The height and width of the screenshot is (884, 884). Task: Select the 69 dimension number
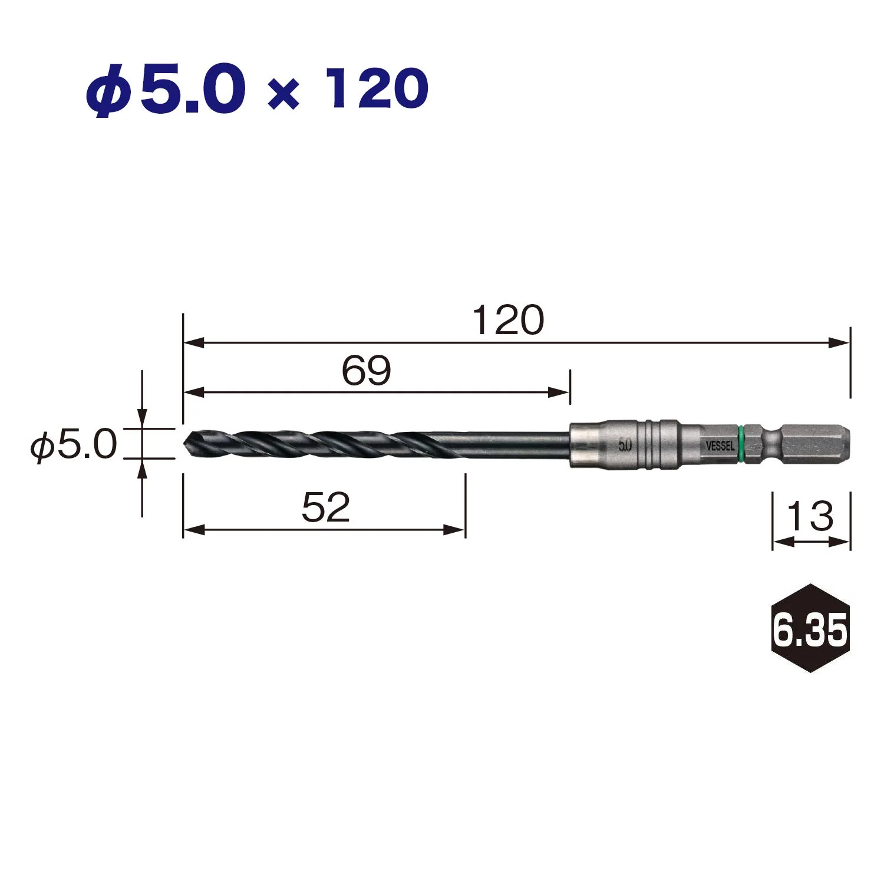point(366,371)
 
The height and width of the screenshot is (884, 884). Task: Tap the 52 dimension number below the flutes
point(325,507)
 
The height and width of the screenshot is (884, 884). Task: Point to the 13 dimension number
point(810,516)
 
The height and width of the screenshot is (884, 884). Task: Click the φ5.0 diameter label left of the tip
point(74,444)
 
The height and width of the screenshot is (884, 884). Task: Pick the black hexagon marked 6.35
point(810,628)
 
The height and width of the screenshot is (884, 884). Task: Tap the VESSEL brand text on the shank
point(720,446)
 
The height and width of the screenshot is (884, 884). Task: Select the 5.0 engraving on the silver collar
point(625,446)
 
